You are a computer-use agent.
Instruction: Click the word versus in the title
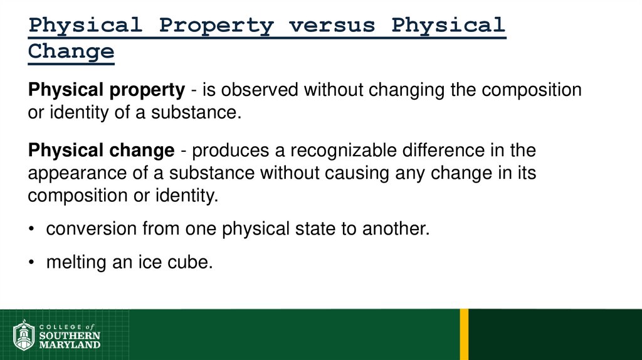(x=332, y=26)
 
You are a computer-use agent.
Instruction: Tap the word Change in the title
(x=71, y=51)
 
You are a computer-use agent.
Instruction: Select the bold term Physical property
(x=106, y=90)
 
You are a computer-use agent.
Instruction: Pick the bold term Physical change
(x=101, y=151)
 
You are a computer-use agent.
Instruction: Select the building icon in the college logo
(x=23, y=336)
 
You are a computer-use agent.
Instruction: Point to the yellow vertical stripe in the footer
(x=464, y=334)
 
